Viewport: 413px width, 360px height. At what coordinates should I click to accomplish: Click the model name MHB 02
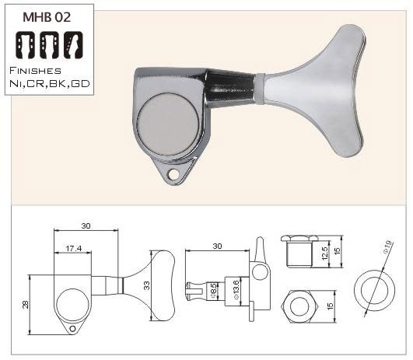[x=47, y=17]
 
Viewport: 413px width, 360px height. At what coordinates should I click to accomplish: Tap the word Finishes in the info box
[x=35, y=71]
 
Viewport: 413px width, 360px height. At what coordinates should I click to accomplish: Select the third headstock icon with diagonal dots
[x=73, y=45]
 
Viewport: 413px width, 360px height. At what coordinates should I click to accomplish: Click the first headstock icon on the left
[x=26, y=45]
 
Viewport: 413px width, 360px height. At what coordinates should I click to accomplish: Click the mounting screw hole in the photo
[x=173, y=174]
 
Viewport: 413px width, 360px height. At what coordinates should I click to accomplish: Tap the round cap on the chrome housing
[x=168, y=124]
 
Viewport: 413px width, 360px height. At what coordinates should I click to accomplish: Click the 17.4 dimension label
[x=74, y=248]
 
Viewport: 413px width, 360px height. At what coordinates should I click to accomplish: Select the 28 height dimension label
[x=26, y=305]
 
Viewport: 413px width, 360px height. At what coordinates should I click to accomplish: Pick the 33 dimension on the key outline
[x=147, y=285]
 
